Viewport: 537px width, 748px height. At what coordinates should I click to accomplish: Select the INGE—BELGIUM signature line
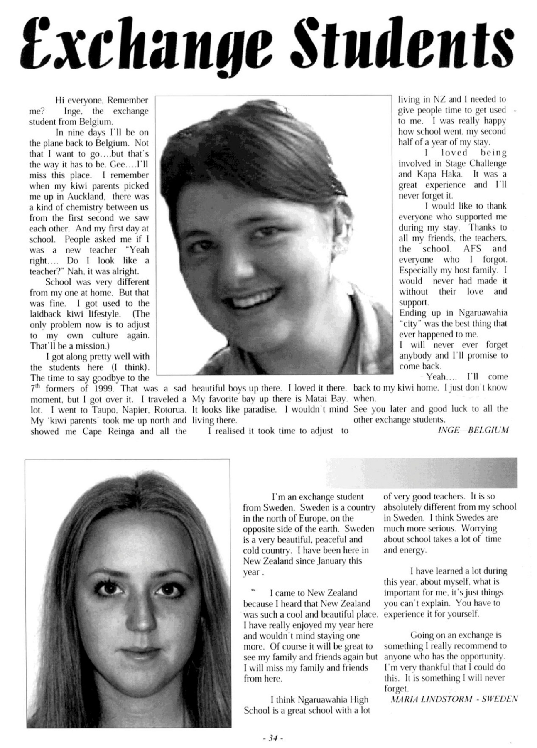click(473, 431)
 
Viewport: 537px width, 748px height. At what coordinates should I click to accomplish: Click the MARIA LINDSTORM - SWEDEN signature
click(454, 699)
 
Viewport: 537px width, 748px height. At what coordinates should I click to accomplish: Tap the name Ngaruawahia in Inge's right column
click(483, 313)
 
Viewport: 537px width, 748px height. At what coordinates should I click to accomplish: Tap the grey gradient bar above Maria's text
click(421, 472)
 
